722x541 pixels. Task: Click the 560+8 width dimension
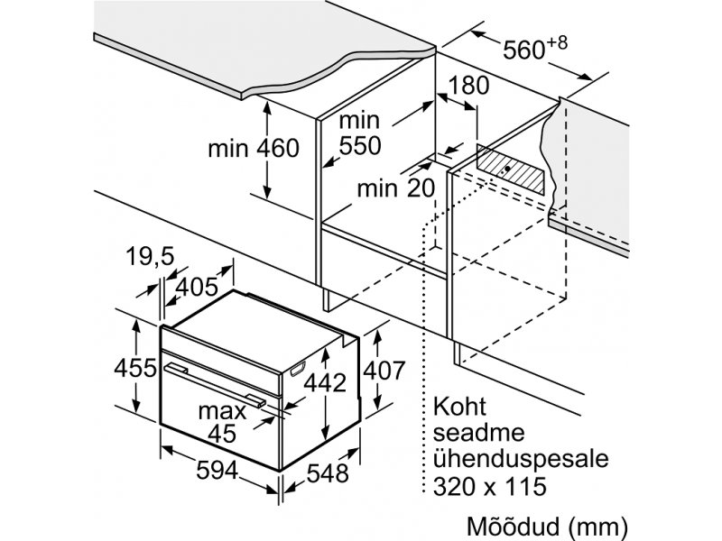point(535,48)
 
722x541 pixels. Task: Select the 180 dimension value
point(468,86)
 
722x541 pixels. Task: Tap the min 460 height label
point(254,149)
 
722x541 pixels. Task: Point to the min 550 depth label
point(360,133)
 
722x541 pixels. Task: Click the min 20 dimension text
point(396,188)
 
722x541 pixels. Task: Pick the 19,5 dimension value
point(150,256)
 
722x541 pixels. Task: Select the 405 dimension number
point(197,288)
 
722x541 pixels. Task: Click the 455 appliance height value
point(135,369)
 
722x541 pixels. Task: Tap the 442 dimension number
point(325,382)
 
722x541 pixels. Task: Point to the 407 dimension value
point(384,371)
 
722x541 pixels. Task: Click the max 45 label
point(222,422)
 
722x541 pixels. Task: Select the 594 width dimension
point(217,470)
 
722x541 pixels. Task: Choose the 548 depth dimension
point(328,473)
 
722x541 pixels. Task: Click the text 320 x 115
point(489,486)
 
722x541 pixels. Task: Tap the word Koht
point(459,407)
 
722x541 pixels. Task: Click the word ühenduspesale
point(521,459)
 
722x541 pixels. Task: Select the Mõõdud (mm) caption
point(547,526)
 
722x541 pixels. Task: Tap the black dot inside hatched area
point(507,169)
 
